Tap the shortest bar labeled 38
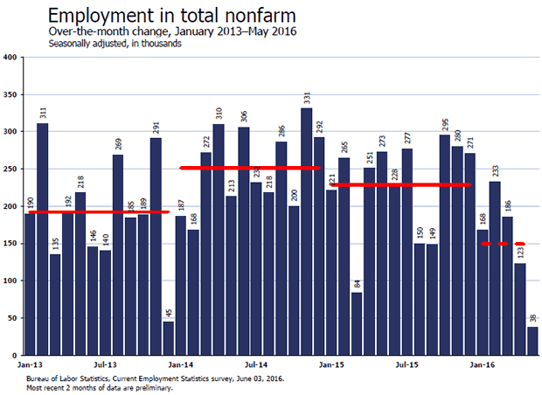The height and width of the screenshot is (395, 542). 532,339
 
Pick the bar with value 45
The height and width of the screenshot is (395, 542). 168,336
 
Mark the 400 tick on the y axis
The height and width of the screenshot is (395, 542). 10,58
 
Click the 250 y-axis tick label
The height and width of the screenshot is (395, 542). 10,169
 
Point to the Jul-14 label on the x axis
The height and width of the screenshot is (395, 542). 255,360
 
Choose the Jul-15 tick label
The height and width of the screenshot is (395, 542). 406,360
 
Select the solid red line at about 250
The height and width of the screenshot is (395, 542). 250,168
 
